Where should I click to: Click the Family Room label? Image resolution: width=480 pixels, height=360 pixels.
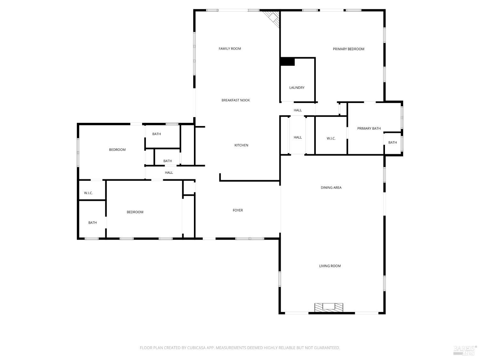click(230, 49)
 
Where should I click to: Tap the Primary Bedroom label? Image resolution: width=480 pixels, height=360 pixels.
click(348, 49)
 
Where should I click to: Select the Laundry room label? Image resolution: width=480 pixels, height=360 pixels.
click(297, 88)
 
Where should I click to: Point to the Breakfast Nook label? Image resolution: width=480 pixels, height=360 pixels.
click(236, 100)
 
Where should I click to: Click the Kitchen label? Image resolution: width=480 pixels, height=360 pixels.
click(241, 145)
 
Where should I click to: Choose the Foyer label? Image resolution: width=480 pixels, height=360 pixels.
click(238, 210)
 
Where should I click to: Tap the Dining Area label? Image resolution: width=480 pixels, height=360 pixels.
click(331, 188)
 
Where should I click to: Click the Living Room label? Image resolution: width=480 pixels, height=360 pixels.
click(330, 266)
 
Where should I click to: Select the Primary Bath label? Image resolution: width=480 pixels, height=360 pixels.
click(369, 128)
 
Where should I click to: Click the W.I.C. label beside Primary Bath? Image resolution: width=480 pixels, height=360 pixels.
click(331, 139)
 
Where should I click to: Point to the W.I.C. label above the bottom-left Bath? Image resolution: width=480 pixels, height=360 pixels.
click(88, 193)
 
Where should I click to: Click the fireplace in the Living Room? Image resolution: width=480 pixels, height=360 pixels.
click(329, 307)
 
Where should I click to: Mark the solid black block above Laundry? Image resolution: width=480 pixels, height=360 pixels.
click(287, 62)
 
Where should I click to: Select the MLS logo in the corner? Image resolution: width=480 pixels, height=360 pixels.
click(465, 350)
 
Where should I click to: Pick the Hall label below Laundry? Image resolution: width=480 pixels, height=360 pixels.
click(298, 110)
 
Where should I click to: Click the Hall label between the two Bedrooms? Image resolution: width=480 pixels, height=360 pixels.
click(169, 172)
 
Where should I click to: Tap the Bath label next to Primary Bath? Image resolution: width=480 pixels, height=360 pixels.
click(393, 142)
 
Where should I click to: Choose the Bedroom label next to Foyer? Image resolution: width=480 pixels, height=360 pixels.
click(135, 212)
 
